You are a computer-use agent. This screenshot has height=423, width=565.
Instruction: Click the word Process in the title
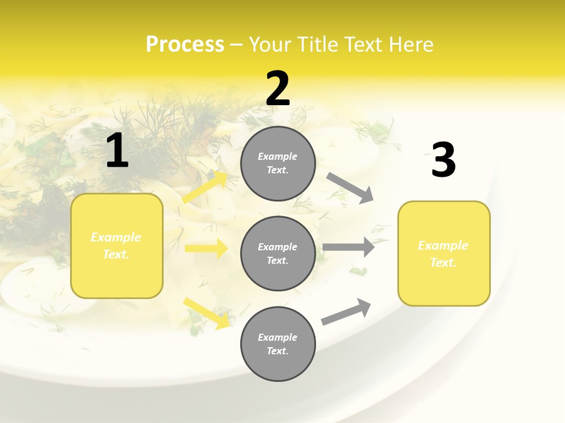(185, 45)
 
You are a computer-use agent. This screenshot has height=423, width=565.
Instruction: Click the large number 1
(117, 150)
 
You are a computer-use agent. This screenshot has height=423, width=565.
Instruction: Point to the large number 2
(278, 89)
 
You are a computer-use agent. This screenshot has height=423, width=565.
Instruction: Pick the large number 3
(443, 160)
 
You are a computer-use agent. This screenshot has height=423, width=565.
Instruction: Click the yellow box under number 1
(117, 246)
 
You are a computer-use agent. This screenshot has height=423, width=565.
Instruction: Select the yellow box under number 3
(444, 254)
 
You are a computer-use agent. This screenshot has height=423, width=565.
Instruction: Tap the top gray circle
(278, 163)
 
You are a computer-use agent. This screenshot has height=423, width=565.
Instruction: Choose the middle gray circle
(278, 254)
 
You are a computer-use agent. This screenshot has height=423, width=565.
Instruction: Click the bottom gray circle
(278, 344)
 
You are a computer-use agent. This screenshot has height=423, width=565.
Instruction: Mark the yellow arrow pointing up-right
(205, 187)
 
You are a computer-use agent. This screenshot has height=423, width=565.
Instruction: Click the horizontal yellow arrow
(206, 249)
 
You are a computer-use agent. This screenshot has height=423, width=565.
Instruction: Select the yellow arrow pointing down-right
(207, 313)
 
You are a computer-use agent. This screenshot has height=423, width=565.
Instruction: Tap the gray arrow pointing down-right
(350, 188)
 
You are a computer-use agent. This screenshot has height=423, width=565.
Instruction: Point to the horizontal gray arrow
(348, 247)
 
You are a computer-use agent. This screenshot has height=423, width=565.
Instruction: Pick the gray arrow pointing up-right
(347, 311)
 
